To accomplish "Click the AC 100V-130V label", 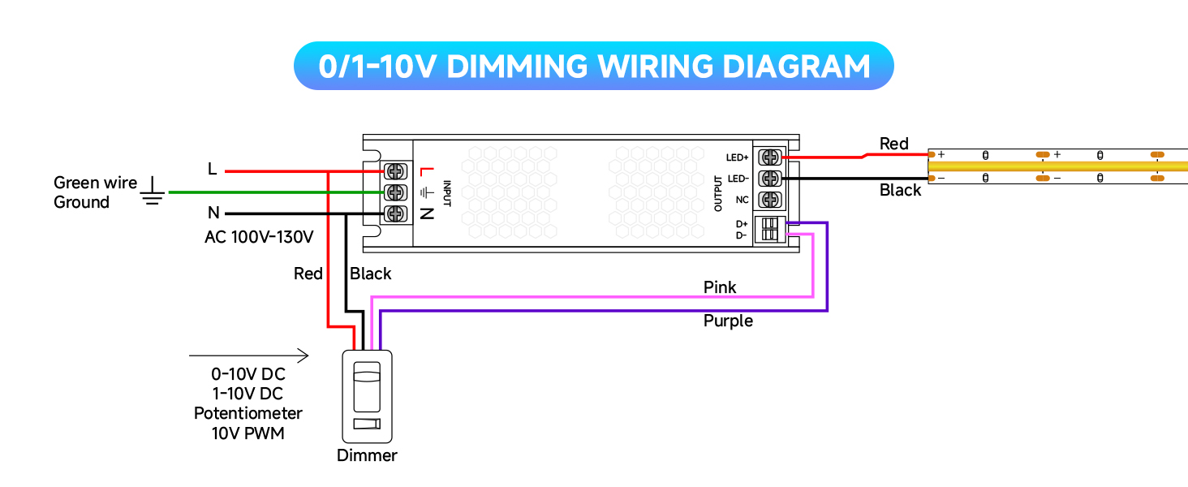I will pyautogui.click(x=259, y=237).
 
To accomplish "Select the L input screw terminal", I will pyautogui.click(x=397, y=170).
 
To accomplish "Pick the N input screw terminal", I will pyautogui.click(x=397, y=213).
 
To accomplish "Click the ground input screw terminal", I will pyautogui.click(x=397, y=192).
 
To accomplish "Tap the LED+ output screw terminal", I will pyautogui.click(x=769, y=157).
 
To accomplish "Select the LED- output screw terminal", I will pyautogui.click(x=769, y=178).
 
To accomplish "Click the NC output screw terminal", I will pyautogui.click(x=769, y=199).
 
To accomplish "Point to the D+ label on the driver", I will pyautogui.click(x=741, y=223).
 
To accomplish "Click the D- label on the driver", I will pyautogui.click(x=741, y=235).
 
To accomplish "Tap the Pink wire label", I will pyautogui.click(x=720, y=287).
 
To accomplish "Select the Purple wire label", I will pyautogui.click(x=728, y=321).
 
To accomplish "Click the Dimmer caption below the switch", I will pyautogui.click(x=367, y=455).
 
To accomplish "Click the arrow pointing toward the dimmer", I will pyautogui.click(x=248, y=356).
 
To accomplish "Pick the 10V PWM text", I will pyautogui.click(x=247, y=433).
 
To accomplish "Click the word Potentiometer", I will pyautogui.click(x=247, y=413).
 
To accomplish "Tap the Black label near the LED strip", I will pyautogui.click(x=901, y=190).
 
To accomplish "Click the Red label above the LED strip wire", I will pyautogui.click(x=894, y=144).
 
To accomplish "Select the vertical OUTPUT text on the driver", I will pyautogui.click(x=718, y=193).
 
